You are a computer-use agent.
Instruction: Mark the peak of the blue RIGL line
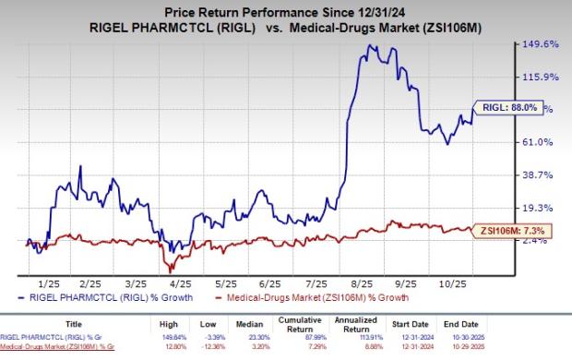pos(370,44)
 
